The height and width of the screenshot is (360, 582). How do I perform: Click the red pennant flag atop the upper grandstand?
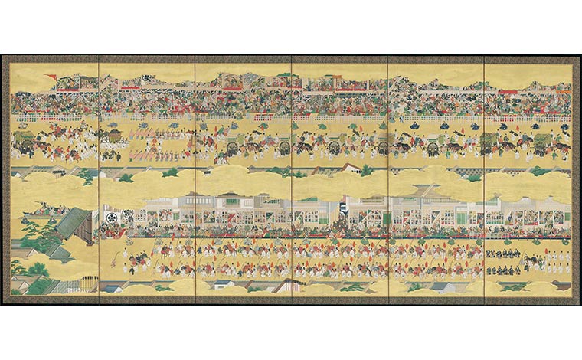(x=52, y=77)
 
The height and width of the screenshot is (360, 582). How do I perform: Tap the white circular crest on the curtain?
(x=110, y=218)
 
